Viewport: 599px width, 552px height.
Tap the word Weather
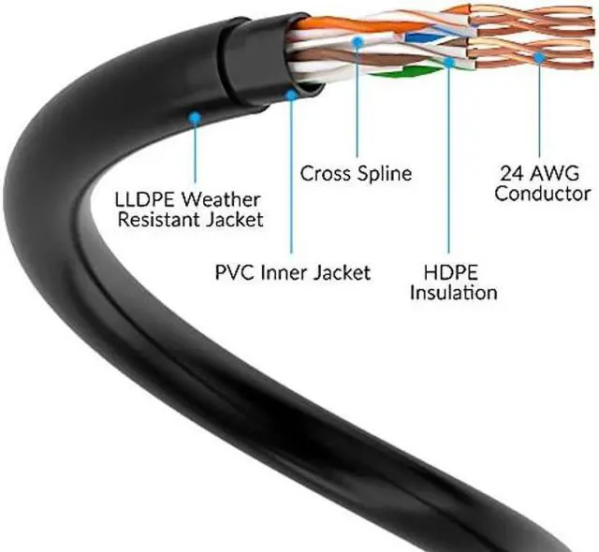(224, 198)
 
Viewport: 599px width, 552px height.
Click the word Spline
(384, 173)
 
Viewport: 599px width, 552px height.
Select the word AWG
(559, 173)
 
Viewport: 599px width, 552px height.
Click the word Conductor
(543, 195)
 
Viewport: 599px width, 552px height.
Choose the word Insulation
(455, 293)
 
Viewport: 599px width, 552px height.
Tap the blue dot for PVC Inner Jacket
(291, 94)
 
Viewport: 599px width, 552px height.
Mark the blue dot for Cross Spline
(357, 41)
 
